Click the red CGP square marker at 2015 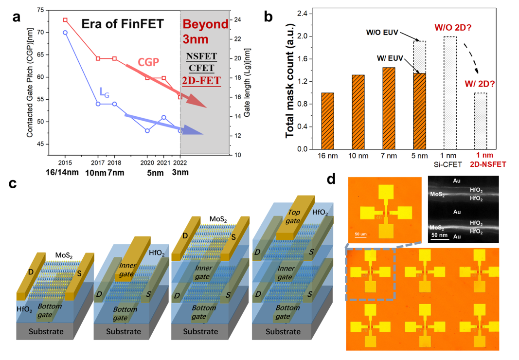pyautogui.click(x=65, y=20)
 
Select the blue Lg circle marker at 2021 pyautogui.click(x=163, y=117)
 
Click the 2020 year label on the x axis pyautogui.click(x=147, y=162)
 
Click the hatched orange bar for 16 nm pyautogui.click(x=327, y=121)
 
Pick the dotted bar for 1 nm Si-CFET pyautogui.click(x=450, y=92)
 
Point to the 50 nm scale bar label pyautogui.click(x=440, y=235)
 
